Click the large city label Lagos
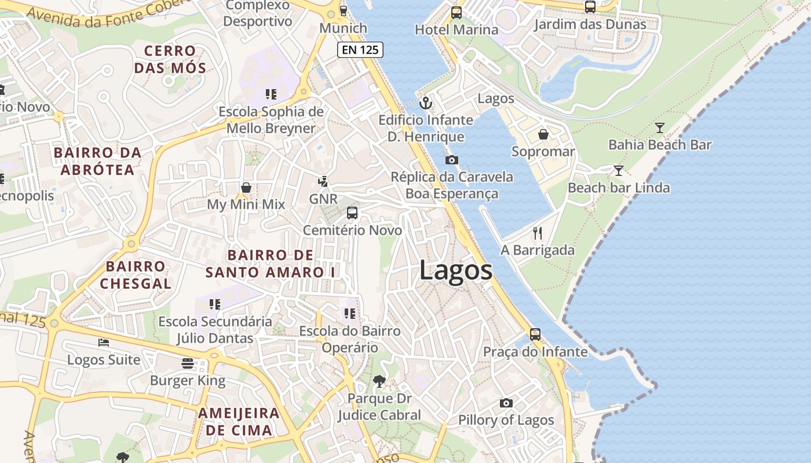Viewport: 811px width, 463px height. (x=455, y=270)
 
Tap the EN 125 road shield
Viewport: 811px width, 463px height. (x=360, y=50)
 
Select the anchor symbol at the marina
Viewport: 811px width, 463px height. (x=426, y=103)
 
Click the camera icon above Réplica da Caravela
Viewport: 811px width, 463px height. (x=452, y=160)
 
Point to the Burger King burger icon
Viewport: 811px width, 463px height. (x=187, y=363)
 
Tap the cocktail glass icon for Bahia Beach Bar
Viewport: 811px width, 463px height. (x=659, y=128)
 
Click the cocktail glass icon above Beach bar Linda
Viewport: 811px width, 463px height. (x=619, y=171)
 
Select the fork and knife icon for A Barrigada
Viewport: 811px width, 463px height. (x=538, y=233)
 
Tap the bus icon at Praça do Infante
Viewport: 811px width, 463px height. (x=535, y=335)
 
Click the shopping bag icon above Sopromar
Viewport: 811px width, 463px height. (x=543, y=135)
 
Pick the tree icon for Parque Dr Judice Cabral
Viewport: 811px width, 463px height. (x=379, y=381)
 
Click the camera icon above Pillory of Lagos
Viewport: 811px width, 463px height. (x=506, y=403)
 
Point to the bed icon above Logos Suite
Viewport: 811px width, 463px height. (x=104, y=343)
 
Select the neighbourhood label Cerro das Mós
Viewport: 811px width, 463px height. (x=170, y=59)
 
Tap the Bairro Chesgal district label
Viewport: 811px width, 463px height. (x=136, y=275)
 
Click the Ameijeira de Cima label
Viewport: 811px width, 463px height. (x=239, y=421)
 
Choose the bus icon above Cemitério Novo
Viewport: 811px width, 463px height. (x=352, y=213)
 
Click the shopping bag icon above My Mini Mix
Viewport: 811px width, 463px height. (x=246, y=188)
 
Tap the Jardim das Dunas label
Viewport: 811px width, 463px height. (x=590, y=24)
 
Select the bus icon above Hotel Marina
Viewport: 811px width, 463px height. (x=456, y=13)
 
